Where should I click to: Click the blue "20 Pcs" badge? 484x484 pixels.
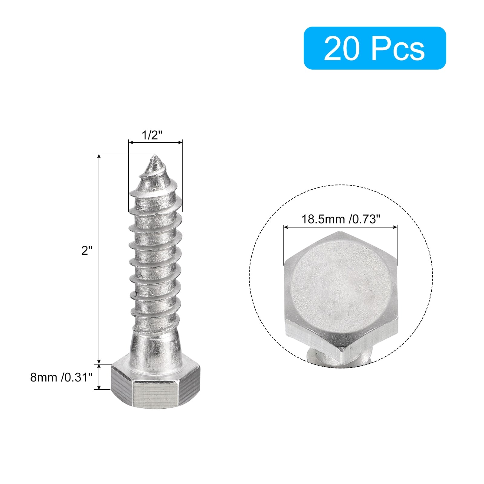pos(375,48)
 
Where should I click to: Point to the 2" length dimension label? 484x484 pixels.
pos(87,250)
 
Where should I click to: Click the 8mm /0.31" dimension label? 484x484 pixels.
pos(61,377)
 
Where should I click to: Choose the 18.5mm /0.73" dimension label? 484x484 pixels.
pos(340,219)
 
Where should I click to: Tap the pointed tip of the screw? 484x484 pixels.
pos(155,156)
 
